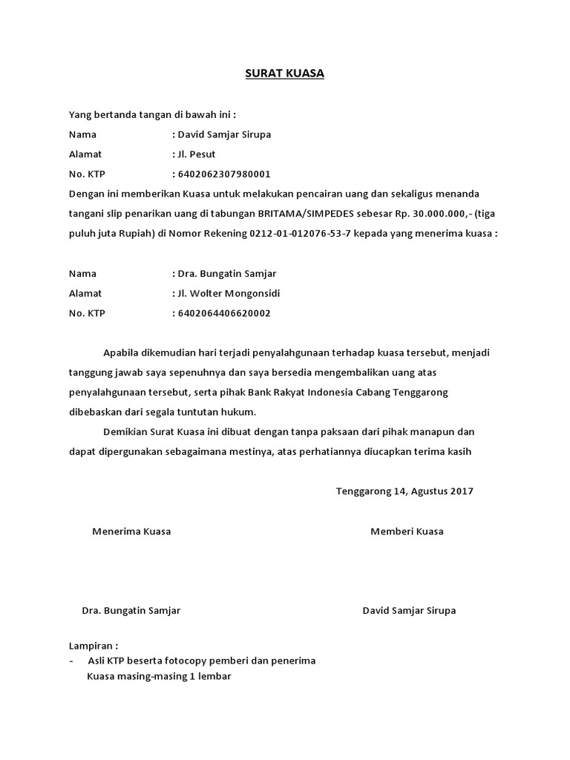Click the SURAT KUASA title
pos(285,74)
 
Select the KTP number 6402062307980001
pos(223,174)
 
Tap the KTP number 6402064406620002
pos(223,313)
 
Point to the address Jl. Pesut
pos(196,154)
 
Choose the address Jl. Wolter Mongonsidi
pos(228,293)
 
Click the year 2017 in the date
pos(462,491)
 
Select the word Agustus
pos(427,491)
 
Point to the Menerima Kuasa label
pos(131,531)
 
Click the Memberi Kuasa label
pos(407,531)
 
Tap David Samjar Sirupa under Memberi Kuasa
pos(409,611)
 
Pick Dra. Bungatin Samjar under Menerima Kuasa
pos(131,611)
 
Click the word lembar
pos(216,676)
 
